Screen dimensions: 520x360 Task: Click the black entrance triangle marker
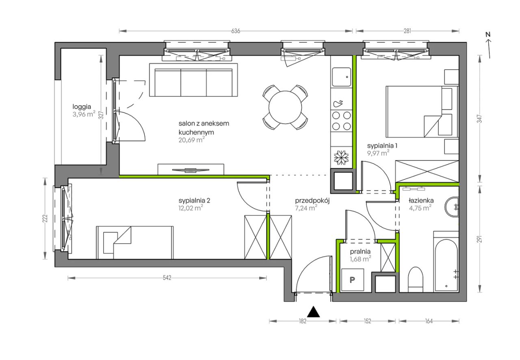pyautogui.click(x=313, y=312)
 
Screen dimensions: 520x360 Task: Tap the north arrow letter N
pyautogui.click(x=488, y=35)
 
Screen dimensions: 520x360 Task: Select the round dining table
pyautogui.click(x=285, y=107)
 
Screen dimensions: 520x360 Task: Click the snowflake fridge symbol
pyautogui.click(x=341, y=158)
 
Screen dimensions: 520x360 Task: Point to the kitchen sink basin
pyautogui.click(x=341, y=77)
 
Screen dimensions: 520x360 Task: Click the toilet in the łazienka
pyautogui.click(x=416, y=279)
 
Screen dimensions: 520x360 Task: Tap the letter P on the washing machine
pyautogui.click(x=352, y=280)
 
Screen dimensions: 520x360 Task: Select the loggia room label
pyautogui.click(x=82, y=107)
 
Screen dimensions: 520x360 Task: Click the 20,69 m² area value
pyautogui.click(x=192, y=140)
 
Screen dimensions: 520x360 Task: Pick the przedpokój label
pyautogui.click(x=312, y=201)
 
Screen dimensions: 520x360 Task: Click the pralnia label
pyautogui.click(x=360, y=251)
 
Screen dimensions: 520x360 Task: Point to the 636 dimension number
pyautogui.click(x=235, y=31)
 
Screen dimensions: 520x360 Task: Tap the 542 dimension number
pyautogui.click(x=167, y=278)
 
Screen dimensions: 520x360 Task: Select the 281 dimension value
pyautogui.click(x=407, y=31)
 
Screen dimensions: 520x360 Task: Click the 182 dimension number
pyautogui.click(x=303, y=321)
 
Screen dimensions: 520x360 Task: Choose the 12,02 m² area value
pyautogui.click(x=191, y=208)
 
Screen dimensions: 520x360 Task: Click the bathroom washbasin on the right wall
pyautogui.click(x=452, y=207)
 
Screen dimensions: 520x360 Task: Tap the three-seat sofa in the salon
pyautogui.click(x=193, y=80)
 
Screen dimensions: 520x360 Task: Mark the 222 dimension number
pyautogui.click(x=45, y=218)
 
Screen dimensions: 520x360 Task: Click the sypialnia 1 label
pyautogui.click(x=382, y=146)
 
